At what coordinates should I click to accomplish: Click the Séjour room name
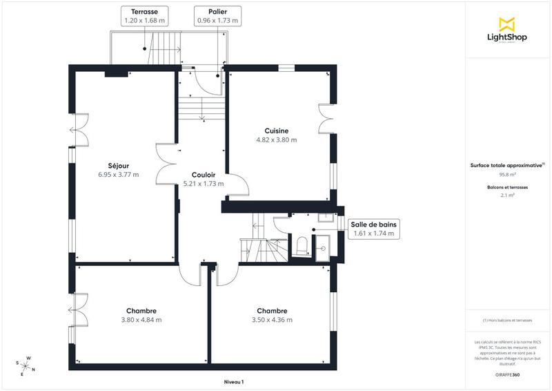point(119,165)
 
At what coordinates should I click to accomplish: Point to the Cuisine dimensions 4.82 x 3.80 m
point(276,140)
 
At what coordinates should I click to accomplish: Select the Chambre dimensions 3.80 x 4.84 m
point(141,320)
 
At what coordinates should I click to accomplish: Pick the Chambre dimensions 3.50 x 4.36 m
point(272,320)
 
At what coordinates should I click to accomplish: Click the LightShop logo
point(507,31)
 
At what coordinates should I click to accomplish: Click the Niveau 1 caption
point(234,381)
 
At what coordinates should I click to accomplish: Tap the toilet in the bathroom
point(301,245)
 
